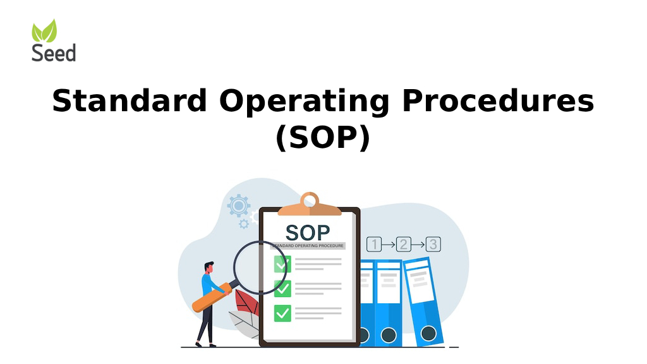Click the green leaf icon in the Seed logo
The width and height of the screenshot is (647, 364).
pos(44,31)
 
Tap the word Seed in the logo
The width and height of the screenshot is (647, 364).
pos(54,52)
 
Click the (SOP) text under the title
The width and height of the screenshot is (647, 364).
pos(323,138)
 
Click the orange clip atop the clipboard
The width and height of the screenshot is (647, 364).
pos(310,203)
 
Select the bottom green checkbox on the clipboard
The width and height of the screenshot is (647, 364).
pos(282,312)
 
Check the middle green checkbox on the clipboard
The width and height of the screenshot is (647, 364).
pos(282,288)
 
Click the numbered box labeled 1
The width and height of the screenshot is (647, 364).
pos(374,245)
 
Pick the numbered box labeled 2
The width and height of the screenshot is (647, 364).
pos(403,245)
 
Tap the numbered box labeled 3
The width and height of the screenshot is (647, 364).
pos(433,245)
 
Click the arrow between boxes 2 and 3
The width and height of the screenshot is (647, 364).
pos(418,245)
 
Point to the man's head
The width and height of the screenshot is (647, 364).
pos(209,267)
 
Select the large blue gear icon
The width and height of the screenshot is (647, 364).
pos(239,205)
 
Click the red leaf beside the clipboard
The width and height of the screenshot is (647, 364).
pos(247,303)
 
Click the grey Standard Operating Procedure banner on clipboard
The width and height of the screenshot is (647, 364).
pos(308,245)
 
